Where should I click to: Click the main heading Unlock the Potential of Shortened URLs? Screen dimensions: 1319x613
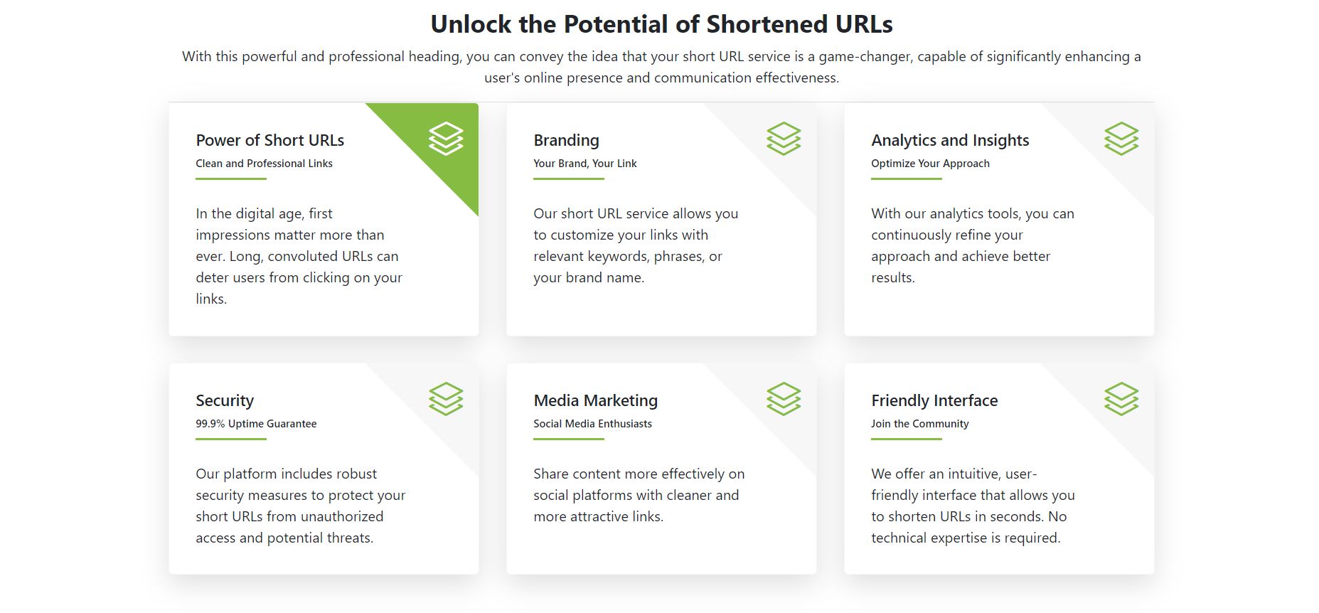[x=661, y=24]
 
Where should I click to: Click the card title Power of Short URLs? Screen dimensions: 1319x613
[x=270, y=140]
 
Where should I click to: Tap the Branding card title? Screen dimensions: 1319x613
[x=567, y=140]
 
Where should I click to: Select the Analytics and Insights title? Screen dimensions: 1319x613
[x=950, y=140]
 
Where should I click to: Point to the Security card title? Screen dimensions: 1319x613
[x=225, y=400]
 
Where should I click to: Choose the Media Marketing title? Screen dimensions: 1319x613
[x=596, y=400]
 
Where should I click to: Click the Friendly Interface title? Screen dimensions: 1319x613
[x=934, y=400]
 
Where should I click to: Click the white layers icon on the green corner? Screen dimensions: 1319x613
[x=446, y=139]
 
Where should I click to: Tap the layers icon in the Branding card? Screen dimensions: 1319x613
[x=784, y=139]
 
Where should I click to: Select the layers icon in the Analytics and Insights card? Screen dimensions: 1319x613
[x=1121, y=139]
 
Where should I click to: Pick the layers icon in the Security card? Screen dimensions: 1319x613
[x=446, y=399]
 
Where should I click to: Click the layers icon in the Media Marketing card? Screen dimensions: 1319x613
[x=784, y=399]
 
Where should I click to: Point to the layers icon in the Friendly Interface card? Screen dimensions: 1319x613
[x=1121, y=399]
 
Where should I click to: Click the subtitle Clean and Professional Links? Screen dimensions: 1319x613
[x=265, y=164]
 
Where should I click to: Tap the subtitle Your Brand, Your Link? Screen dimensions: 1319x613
[x=585, y=164]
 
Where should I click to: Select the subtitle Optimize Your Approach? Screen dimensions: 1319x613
[x=930, y=164]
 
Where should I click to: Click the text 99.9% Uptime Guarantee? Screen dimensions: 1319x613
[x=256, y=424]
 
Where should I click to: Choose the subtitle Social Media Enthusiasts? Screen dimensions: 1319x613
[x=592, y=424]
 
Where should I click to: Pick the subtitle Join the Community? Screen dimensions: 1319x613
[x=920, y=424]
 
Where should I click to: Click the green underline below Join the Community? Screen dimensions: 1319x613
[x=907, y=439]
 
